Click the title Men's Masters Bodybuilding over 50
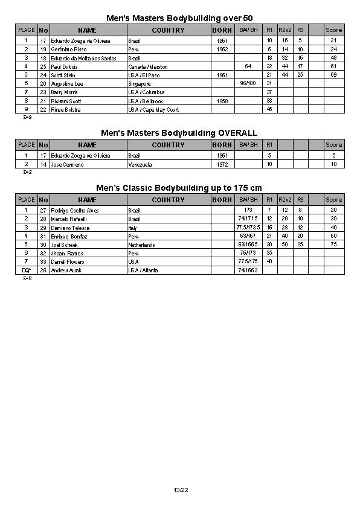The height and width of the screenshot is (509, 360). click(175, 18)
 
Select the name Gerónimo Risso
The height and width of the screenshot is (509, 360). click(67, 49)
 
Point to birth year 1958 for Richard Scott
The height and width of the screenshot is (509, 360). click(222, 101)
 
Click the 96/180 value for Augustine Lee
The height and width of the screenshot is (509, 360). click(248, 83)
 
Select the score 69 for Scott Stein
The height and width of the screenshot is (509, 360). click(333, 75)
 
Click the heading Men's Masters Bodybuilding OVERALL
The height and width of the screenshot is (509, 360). click(179, 133)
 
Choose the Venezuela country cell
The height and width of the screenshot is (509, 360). click(140, 164)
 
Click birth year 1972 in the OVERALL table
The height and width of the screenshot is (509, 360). click(222, 164)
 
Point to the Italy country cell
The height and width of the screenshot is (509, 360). click(133, 228)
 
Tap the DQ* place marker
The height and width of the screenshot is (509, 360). click(26, 271)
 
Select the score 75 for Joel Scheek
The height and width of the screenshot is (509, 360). click(333, 245)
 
